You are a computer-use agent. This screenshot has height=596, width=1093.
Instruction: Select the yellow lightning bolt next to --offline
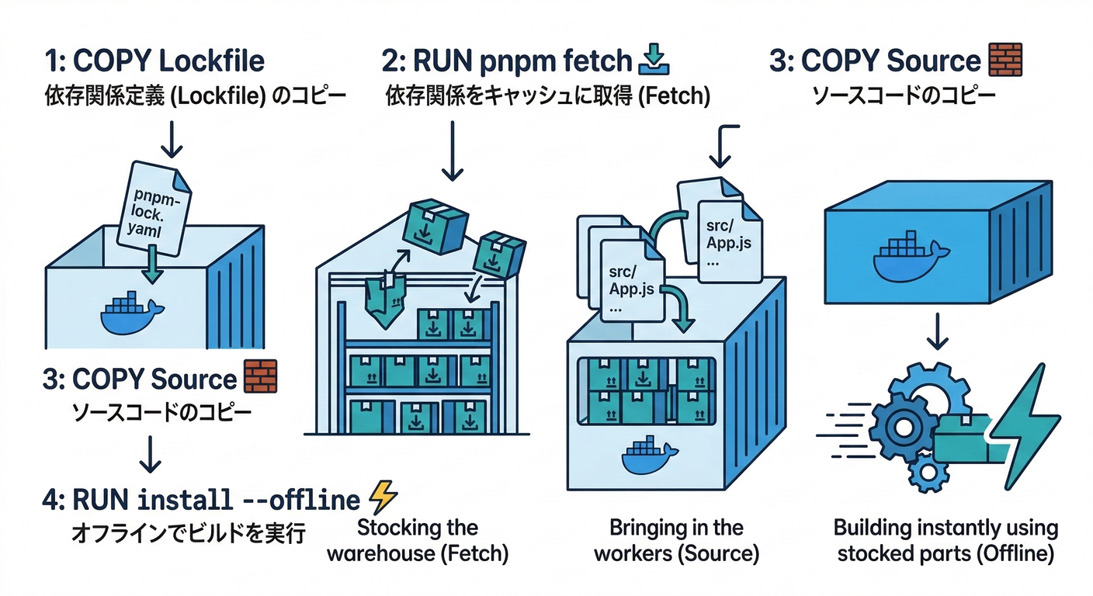click(x=383, y=496)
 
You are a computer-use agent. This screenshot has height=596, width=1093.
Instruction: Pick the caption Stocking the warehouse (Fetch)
click(x=417, y=541)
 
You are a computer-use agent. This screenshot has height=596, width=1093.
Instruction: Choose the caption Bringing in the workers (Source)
click(x=676, y=541)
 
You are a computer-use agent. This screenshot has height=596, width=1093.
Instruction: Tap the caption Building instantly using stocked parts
click(x=946, y=541)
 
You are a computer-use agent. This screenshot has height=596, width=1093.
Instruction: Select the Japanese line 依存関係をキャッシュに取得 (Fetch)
click(x=547, y=97)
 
